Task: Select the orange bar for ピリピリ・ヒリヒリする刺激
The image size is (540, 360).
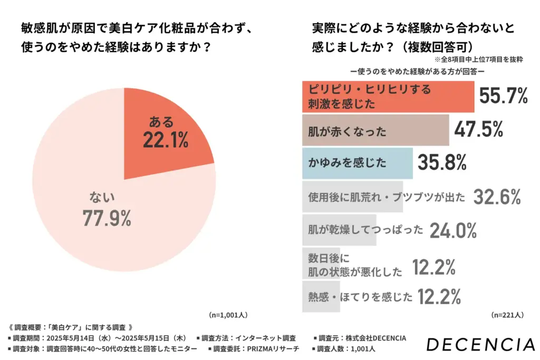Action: pos(388,96)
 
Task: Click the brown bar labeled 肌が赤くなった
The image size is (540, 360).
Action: pos(375,131)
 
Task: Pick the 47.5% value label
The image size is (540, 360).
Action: pos(478,130)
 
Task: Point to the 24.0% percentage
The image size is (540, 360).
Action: pos(454,230)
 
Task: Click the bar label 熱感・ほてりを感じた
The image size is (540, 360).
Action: pos(360,297)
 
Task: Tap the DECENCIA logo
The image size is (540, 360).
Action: pos(480,345)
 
